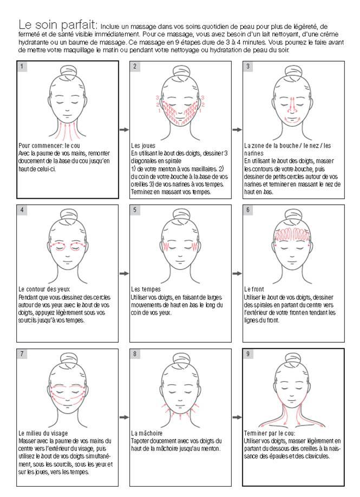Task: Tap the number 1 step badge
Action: (x=22, y=66)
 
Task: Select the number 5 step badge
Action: (x=135, y=210)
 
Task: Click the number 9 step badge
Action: (x=248, y=354)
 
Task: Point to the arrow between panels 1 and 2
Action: (x=124, y=129)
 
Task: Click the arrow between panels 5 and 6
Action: (x=237, y=273)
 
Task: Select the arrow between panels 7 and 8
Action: (x=124, y=417)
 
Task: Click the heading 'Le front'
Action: (x=254, y=290)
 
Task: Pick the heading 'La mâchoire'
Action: (x=147, y=434)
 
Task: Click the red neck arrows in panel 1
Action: (x=64, y=129)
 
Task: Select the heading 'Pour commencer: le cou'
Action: (x=49, y=146)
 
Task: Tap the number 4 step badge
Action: (x=22, y=210)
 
